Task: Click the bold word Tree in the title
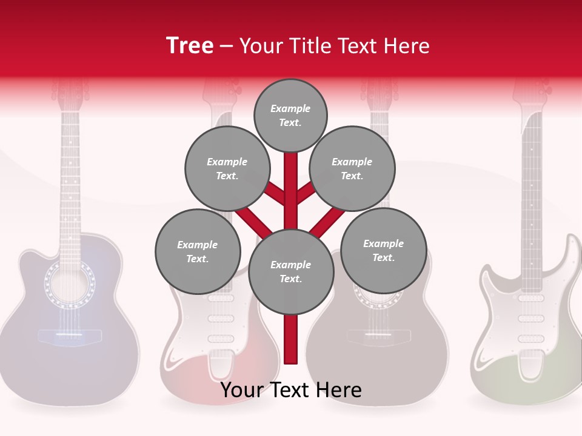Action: (190, 45)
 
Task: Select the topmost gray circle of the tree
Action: (290, 115)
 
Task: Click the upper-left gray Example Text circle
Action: (227, 169)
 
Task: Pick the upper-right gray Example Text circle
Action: (352, 169)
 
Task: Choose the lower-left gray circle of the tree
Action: (198, 251)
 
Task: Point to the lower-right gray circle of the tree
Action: (383, 250)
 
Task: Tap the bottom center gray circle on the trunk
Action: (291, 272)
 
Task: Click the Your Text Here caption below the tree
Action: (291, 390)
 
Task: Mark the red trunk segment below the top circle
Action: (291, 182)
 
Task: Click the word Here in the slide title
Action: (407, 45)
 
